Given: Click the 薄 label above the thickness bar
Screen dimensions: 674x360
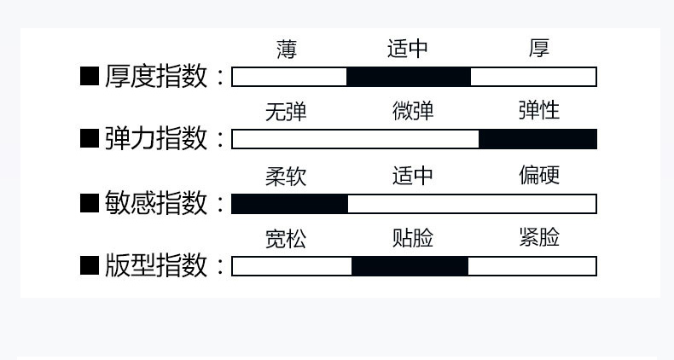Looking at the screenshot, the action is pos(287,49).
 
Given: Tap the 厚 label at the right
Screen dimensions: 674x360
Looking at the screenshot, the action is pos(538,49).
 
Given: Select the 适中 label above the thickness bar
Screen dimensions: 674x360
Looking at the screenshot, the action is pos(408,49).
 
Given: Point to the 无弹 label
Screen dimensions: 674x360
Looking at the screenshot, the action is pos(286,112).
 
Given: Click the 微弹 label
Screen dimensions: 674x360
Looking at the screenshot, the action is pos(413,112).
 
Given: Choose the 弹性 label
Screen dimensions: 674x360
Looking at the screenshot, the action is pos(538,112).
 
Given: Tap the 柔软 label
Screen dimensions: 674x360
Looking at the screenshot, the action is pos(286,177).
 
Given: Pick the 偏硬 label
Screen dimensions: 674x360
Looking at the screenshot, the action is pos(538,176).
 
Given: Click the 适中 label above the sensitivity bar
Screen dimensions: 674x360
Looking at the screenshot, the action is pos(413,177).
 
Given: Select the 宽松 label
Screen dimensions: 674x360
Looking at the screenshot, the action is pos(286,239).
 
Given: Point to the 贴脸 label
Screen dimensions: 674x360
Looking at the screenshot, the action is pos(413,239).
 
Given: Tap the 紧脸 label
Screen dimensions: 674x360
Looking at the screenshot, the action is pos(538,238).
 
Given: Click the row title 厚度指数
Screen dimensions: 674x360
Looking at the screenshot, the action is pos(156,77).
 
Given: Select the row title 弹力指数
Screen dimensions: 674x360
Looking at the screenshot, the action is pos(156,139).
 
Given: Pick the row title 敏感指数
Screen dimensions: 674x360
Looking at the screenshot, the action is pos(156,204).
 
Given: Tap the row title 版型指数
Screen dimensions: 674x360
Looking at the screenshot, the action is pos(156,266).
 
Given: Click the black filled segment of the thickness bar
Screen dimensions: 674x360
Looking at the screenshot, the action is pos(408,77).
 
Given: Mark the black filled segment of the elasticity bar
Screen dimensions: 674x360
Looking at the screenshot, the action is pos(537,139).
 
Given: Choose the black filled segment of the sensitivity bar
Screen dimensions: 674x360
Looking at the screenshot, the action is pos(289,204).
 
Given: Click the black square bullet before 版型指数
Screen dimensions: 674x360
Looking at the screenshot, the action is pos(90,266).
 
